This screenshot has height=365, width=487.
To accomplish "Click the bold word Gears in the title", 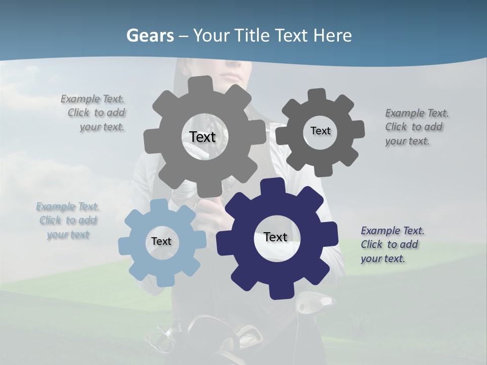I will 150,35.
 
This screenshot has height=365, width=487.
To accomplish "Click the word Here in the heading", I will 332,35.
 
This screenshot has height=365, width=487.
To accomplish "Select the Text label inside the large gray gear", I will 202,137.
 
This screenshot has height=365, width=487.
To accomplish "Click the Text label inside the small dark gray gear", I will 320,131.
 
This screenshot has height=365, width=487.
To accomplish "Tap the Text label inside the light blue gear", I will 161,241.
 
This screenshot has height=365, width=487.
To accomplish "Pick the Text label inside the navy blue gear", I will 275,237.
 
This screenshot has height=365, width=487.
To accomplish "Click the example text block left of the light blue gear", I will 68,221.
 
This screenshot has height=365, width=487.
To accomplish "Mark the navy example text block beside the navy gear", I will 392,244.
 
